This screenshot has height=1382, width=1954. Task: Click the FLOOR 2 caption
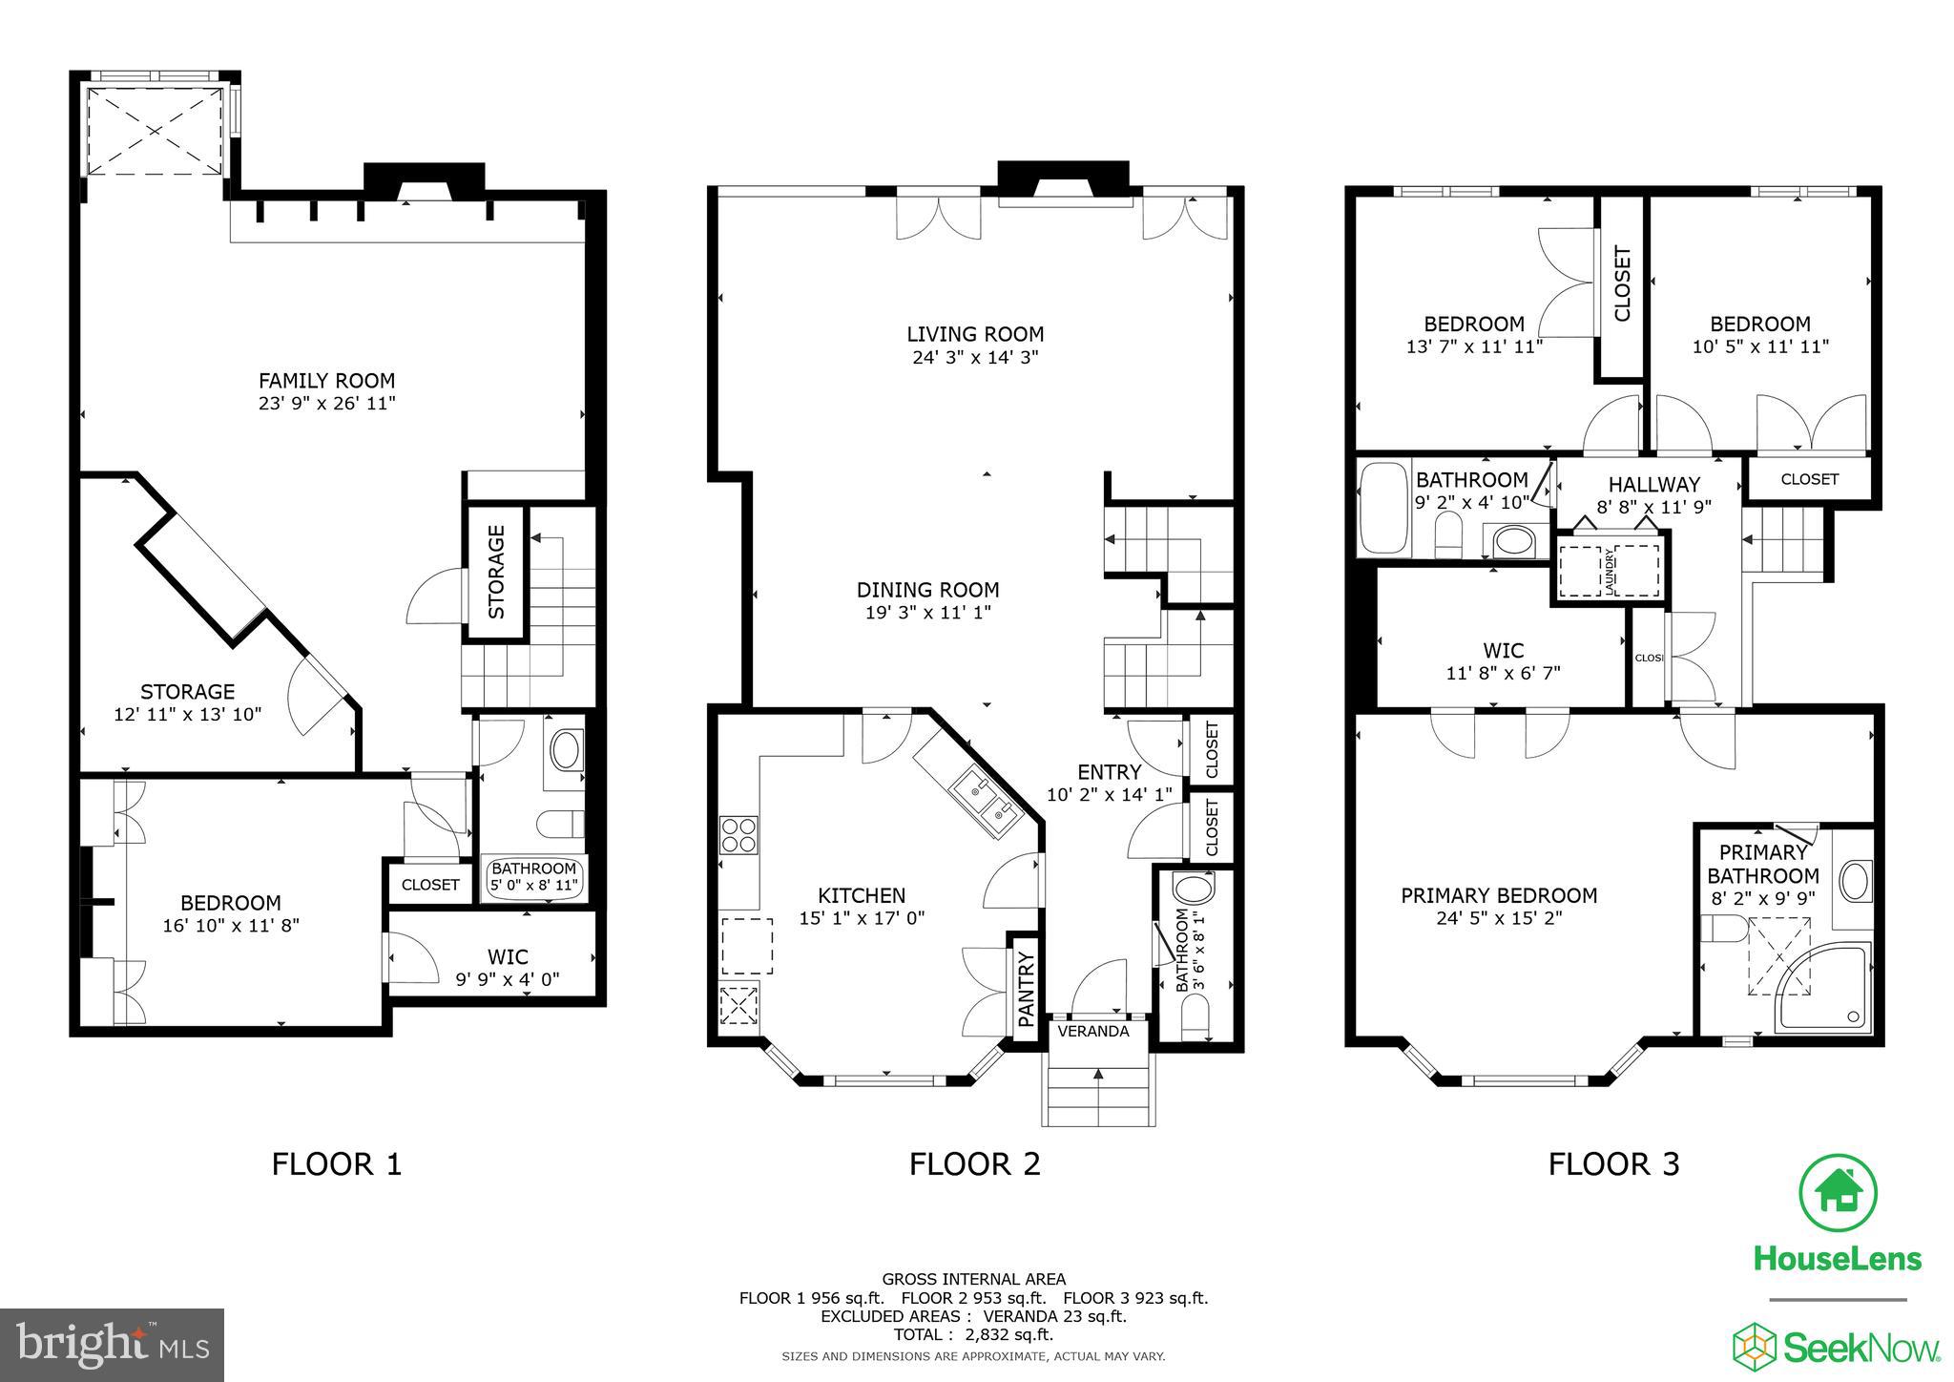974,1164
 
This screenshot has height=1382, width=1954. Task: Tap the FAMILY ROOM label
326,380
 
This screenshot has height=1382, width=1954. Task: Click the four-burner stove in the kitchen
738,834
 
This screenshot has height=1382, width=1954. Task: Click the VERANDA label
1093,1032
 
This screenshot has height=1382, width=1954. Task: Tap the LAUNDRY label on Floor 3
1609,571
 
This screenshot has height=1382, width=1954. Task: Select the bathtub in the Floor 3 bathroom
1383,509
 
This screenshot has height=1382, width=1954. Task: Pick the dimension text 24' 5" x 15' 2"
1499,918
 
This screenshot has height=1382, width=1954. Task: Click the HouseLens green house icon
1838,1193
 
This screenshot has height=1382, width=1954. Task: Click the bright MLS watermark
112,1346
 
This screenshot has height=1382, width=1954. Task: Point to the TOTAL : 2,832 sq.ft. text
973,1334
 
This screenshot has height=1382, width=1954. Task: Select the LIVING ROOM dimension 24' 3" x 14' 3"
974,358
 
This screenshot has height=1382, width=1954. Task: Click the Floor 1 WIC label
508,956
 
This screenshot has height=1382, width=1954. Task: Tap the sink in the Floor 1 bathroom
568,751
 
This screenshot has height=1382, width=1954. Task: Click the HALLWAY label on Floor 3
1653,485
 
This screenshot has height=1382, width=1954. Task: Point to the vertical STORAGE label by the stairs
496,572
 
